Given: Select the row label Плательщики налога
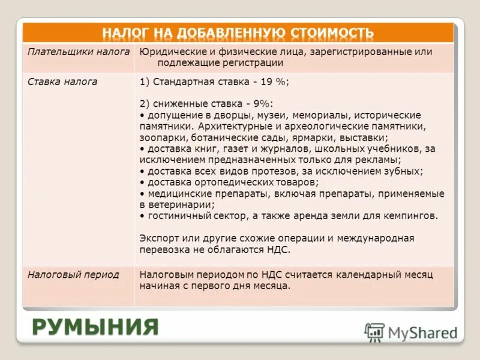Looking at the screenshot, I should pyautogui.click(x=79, y=52).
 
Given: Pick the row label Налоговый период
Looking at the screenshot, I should pyautogui.click(x=73, y=275).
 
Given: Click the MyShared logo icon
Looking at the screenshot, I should pyautogui.click(x=374, y=332).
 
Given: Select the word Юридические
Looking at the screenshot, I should pyautogui.click(x=169, y=52).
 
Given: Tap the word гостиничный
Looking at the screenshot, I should pyautogui.click(x=177, y=216).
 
